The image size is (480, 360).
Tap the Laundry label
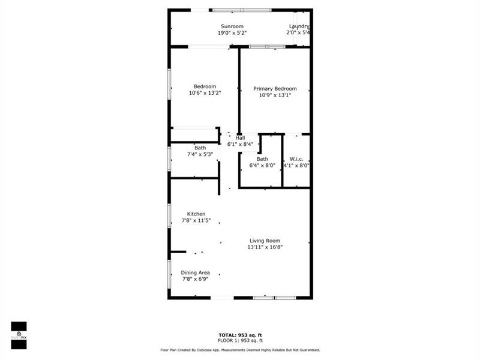pos(298,26)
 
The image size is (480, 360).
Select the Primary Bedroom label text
pos(275,88)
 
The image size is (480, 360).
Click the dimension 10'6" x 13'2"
pos(205,93)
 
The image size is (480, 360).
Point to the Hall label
pos(239,137)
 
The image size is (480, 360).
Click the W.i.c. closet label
pos(296,159)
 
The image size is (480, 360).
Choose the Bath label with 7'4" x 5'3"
pos(200,148)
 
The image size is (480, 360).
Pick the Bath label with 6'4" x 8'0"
pos(262,159)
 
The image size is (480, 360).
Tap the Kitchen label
pos(196,214)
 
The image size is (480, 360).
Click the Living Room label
pos(265,241)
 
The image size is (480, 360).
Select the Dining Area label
pos(196,272)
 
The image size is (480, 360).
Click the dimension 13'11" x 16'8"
pos(265,247)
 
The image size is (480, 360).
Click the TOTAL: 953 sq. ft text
pos(239,335)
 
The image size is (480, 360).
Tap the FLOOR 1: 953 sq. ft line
pos(239,340)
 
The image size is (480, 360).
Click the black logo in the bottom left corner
pos(19,331)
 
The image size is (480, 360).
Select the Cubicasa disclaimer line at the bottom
pos(239,350)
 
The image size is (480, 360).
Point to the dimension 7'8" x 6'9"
pos(196,278)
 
